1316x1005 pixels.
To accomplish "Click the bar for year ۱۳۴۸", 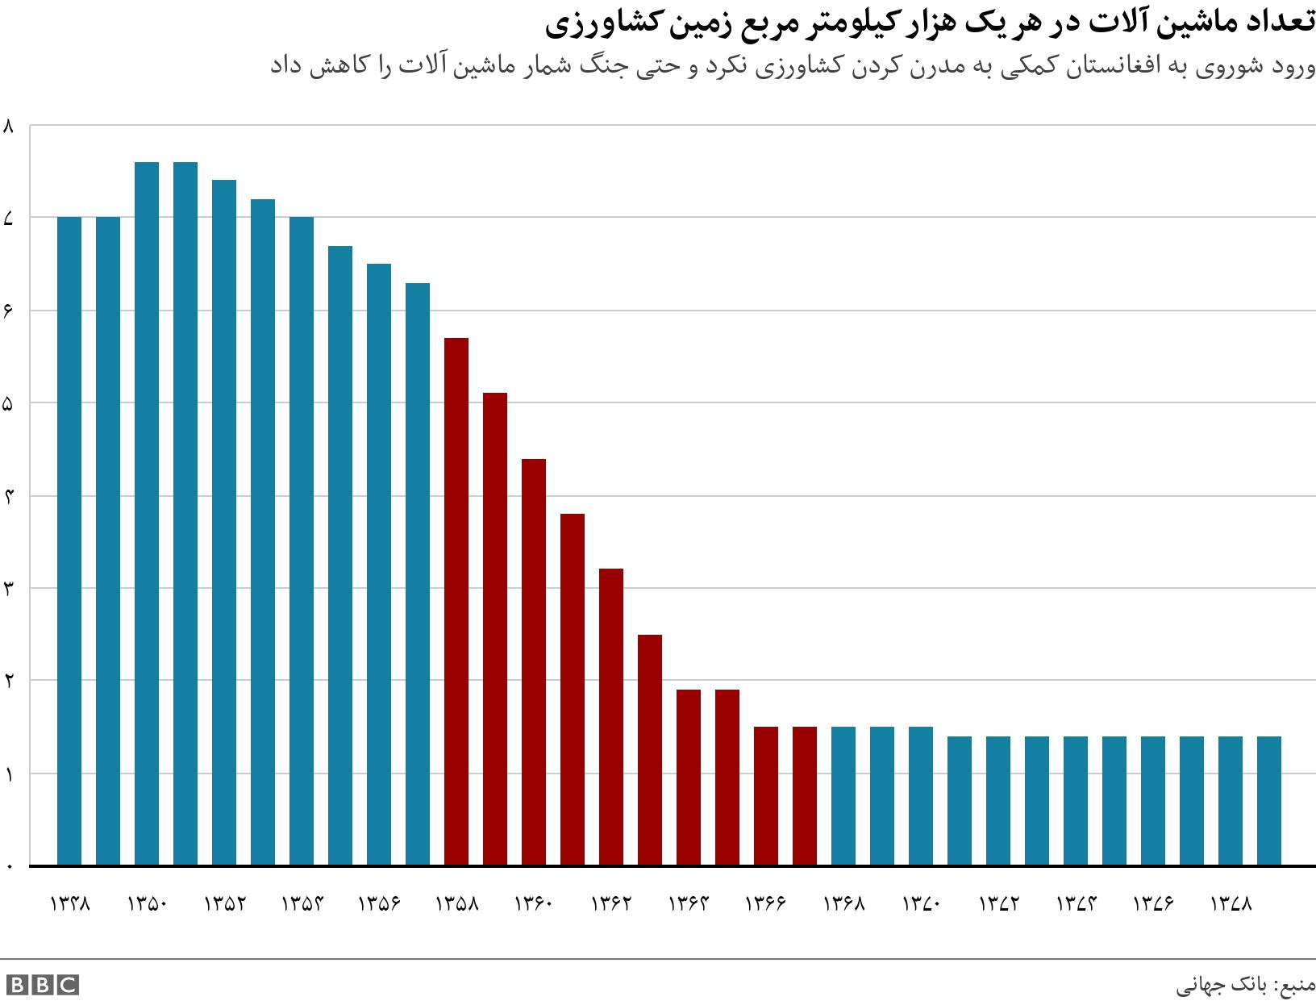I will [x=69, y=540].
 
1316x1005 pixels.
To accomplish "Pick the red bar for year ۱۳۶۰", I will [x=534, y=661].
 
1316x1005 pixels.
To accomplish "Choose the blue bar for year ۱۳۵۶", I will [x=379, y=564].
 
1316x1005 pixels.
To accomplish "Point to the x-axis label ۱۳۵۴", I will [x=302, y=903].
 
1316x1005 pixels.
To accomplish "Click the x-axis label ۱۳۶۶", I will [x=766, y=903].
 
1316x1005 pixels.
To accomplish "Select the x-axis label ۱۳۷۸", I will [x=1231, y=903].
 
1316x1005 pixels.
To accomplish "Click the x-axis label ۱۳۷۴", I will [x=1076, y=903].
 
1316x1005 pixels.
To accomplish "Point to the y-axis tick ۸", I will [x=10, y=126].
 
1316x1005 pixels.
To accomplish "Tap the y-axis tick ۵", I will [x=10, y=403].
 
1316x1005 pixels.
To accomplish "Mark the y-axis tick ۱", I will [x=10, y=774].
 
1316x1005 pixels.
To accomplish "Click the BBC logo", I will [x=42, y=985].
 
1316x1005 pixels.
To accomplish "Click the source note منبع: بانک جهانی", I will [x=1245, y=986].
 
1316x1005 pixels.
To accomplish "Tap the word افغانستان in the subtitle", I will [x=1095, y=68].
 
